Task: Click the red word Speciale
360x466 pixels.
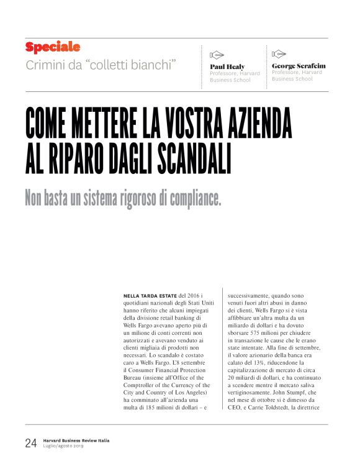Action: tap(53, 47)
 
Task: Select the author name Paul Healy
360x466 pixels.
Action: tap(227, 66)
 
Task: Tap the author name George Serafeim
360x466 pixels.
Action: tap(299, 65)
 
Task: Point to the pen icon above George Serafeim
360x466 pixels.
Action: tap(279, 53)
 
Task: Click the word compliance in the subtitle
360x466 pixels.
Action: tap(186, 198)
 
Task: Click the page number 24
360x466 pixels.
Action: tap(31, 443)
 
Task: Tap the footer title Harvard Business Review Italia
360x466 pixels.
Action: tap(76, 439)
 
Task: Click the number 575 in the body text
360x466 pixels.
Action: tap(258, 332)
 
